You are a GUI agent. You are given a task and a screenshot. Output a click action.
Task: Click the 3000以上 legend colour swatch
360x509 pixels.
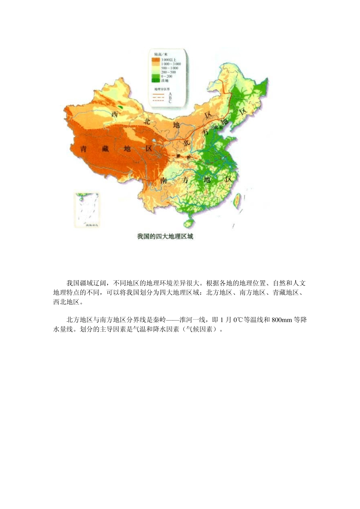(x=155, y=60)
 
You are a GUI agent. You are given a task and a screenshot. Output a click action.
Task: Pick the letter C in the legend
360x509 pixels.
(x=170, y=101)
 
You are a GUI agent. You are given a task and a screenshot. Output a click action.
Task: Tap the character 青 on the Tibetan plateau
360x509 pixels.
(x=84, y=149)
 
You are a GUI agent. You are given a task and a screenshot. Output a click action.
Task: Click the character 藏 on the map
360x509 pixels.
(x=105, y=149)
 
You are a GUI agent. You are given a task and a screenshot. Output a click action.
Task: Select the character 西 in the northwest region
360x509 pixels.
(x=115, y=114)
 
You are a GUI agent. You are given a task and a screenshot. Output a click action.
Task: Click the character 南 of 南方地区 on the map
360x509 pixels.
(x=164, y=180)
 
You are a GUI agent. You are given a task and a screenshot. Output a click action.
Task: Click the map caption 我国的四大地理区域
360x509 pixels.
(x=165, y=237)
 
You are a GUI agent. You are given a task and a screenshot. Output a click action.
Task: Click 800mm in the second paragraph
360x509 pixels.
(x=282, y=320)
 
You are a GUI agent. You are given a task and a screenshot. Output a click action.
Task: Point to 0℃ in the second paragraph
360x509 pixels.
(x=238, y=320)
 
